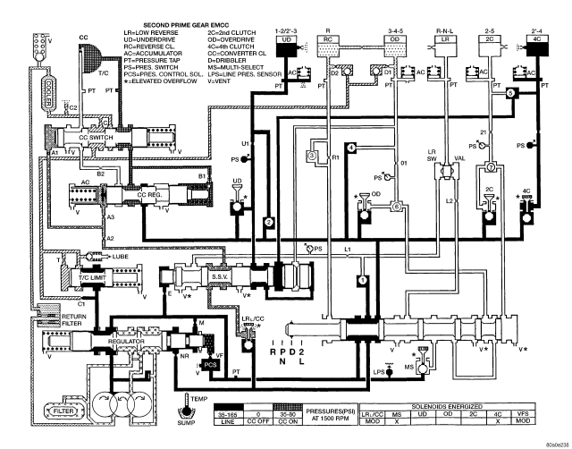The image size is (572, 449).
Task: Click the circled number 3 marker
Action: pos(312,155)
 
